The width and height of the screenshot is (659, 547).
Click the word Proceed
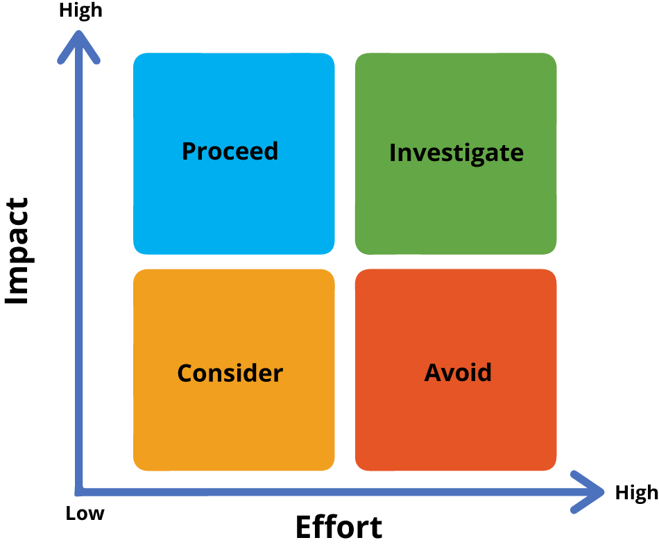230,151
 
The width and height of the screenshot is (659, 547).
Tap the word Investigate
456,153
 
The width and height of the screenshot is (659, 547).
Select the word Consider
230,373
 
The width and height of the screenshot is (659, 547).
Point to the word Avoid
458,373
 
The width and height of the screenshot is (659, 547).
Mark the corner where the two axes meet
79,492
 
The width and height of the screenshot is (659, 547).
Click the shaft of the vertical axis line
79,278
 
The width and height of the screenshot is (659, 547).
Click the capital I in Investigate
393,153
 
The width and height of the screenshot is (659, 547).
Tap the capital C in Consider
185,373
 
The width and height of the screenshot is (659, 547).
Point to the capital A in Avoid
433,373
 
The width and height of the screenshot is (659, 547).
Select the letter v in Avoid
449,375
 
